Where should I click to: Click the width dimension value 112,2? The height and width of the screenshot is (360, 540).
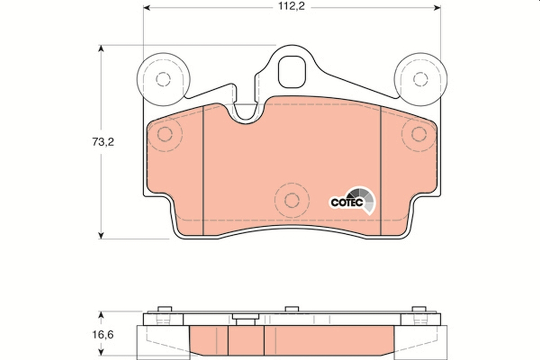[292, 7]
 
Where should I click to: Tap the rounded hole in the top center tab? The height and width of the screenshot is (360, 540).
[292, 70]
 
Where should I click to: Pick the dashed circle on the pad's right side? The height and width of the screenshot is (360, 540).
[418, 133]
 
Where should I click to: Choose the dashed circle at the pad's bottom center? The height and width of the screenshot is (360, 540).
[292, 199]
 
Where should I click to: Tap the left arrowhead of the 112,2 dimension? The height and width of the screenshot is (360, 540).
[146, 8]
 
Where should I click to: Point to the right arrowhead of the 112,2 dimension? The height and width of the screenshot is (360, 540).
[437, 8]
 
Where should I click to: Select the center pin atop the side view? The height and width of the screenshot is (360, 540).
[292, 309]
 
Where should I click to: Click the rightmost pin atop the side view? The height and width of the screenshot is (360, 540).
[416, 309]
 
